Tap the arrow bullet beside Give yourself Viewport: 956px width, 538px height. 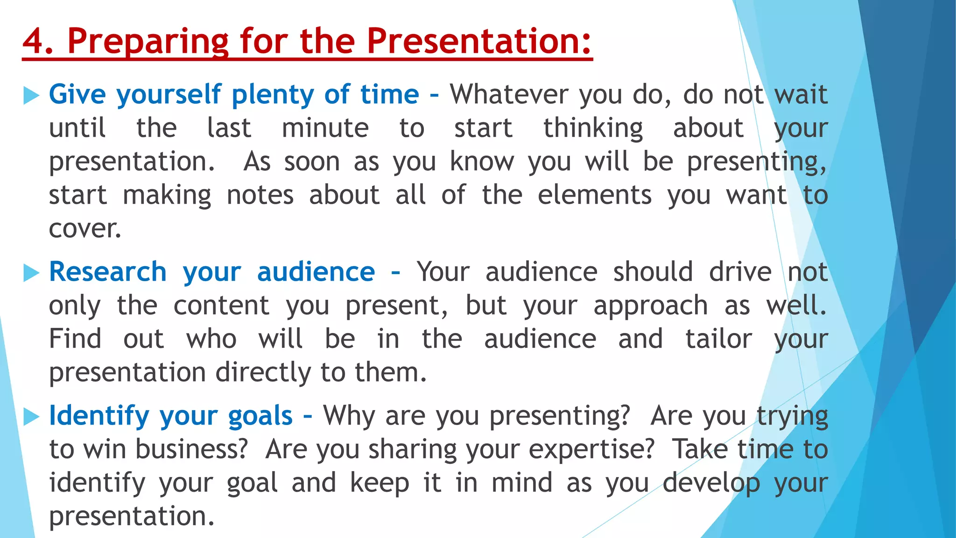(x=31, y=95)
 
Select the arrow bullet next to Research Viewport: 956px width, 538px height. (x=31, y=273)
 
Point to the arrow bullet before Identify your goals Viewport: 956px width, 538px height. (x=31, y=417)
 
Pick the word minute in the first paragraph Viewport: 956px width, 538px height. (x=325, y=128)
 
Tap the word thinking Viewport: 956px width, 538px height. (x=593, y=129)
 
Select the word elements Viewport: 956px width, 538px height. (x=594, y=195)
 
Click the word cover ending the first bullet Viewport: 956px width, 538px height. (x=85, y=229)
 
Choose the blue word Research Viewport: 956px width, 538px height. (x=108, y=272)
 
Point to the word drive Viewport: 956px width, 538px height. (x=740, y=272)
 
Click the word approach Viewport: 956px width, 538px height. (x=651, y=306)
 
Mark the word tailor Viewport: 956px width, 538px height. (x=718, y=339)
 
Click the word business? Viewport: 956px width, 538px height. (x=191, y=449)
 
